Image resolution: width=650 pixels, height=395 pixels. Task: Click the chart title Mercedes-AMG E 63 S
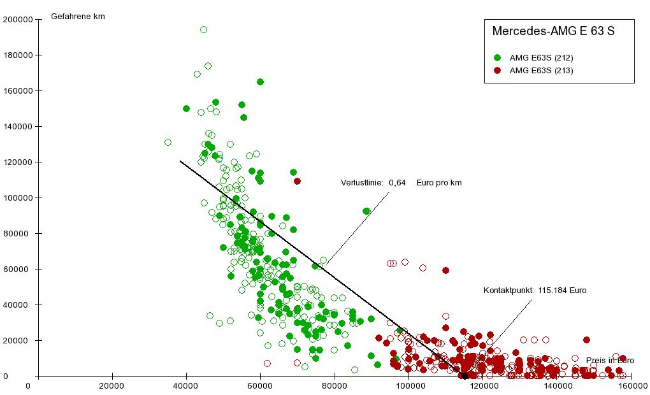pos(553,31)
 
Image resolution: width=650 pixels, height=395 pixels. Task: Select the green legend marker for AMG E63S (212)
pos(498,57)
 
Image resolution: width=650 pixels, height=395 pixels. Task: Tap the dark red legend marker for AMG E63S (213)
pos(498,70)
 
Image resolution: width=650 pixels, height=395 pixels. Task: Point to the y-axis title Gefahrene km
pos(78,17)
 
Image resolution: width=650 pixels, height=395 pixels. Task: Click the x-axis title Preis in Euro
pos(610,361)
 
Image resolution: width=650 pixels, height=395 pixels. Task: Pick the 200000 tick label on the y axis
pos(18,19)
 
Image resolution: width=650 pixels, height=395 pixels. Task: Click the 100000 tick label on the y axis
pos(18,197)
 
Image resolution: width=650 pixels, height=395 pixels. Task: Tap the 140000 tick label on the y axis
pos(18,126)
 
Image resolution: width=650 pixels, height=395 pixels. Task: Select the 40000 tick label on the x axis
pos(186,385)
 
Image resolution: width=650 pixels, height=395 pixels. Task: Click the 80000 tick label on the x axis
pos(335,385)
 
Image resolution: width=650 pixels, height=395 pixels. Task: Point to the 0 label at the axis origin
pos(28,385)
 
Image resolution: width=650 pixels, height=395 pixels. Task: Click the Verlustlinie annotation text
pos(401,183)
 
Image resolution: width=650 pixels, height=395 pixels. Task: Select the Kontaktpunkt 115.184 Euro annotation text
pos(535,291)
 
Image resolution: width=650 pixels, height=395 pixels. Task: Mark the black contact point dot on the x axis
pos(465,376)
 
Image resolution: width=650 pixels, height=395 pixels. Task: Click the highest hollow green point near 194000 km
pos(203,29)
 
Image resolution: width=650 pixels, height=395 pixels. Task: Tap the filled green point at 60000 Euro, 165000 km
pos(260,82)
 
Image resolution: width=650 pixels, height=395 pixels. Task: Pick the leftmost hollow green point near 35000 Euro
pos(168,142)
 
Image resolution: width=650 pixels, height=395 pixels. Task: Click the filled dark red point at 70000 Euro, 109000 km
pos(297,181)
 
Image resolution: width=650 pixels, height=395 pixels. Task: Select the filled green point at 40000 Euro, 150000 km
pos(186,108)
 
